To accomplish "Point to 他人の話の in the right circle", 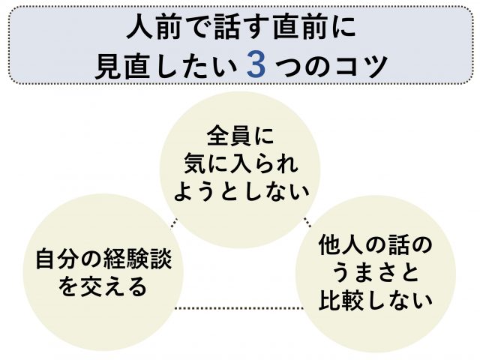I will tap(376, 244).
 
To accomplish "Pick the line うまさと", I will tap(376, 272).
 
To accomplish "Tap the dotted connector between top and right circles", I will tap(307, 221).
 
